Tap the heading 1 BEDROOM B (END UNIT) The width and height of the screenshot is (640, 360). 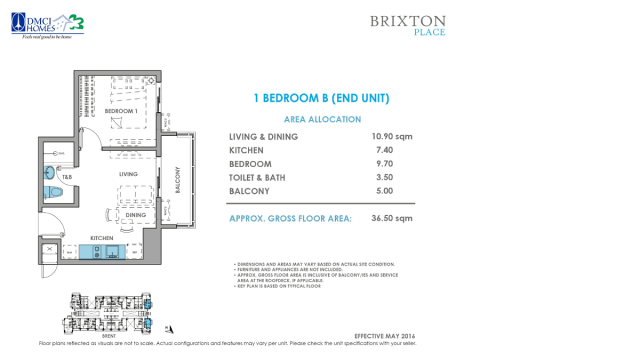coord(315,98)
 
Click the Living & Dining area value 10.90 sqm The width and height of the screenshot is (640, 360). coord(392,136)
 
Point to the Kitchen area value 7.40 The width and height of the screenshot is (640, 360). coord(383,150)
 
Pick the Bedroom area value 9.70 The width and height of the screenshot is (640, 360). coord(383,163)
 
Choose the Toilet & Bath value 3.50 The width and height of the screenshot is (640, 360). coord(383,177)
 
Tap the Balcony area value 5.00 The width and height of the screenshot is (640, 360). coord(383,191)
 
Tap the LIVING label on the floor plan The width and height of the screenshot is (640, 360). coord(128,174)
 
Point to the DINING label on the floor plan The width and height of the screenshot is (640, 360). coord(135,215)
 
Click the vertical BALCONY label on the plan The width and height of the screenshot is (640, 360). coord(177,180)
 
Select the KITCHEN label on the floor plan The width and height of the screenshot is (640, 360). coord(102,237)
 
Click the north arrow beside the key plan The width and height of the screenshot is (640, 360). coord(170,326)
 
